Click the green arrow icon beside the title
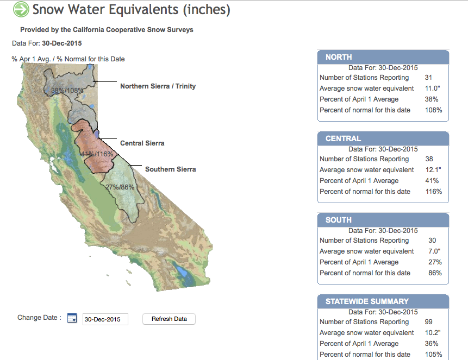[x=21, y=9]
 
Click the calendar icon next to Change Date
[x=72, y=318]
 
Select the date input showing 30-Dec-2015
[x=105, y=319]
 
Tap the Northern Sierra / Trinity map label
[x=158, y=86]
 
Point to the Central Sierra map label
[x=142, y=143]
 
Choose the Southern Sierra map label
[x=171, y=169]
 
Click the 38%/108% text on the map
[x=67, y=90]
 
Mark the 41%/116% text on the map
[x=97, y=154]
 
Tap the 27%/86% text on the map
[x=120, y=187]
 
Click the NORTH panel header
[x=383, y=57]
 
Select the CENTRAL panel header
[x=383, y=138]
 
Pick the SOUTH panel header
[x=383, y=220]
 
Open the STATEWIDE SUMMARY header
[x=383, y=301]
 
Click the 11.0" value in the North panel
[x=433, y=89]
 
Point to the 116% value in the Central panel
[x=434, y=192]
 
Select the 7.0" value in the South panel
[x=434, y=251]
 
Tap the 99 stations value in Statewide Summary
[x=429, y=322]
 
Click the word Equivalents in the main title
[x=143, y=9]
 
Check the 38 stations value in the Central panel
[x=429, y=159]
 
